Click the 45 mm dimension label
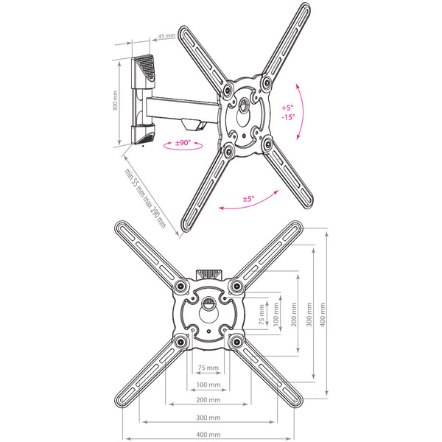pos(166,36)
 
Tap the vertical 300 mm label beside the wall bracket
pos(115,101)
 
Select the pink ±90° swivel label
pos(183,143)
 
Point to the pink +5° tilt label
pos(287,108)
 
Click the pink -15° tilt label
pos(288,116)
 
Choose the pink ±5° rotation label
pos(249,199)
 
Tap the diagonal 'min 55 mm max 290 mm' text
pos(145,199)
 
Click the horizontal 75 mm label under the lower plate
pos(208,368)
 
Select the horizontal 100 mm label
pos(208,385)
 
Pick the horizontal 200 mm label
pos(208,400)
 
